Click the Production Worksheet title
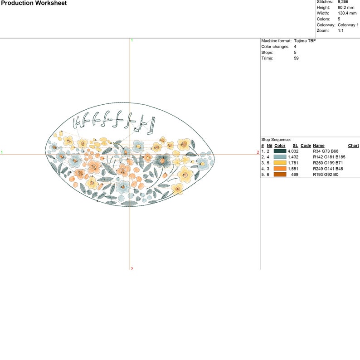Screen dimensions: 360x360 (x=34, y=3)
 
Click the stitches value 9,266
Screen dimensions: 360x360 (x=343, y=2)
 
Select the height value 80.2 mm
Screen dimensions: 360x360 (x=346, y=8)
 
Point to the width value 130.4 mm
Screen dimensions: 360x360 (x=347, y=13)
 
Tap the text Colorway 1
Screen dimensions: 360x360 (x=348, y=25)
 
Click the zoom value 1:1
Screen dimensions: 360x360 (x=341, y=30)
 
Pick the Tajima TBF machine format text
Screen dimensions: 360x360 (x=305, y=41)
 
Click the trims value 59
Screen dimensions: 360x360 (x=296, y=58)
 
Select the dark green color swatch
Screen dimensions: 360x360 (x=280, y=151)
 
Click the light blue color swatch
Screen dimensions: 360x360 (x=280, y=157)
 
